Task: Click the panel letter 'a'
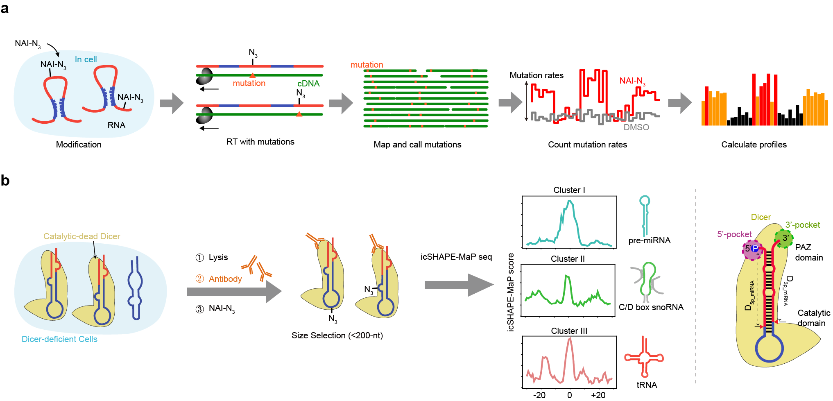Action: (5, 8)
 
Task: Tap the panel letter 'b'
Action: (5, 180)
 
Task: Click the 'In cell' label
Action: (86, 59)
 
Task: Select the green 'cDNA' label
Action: (308, 84)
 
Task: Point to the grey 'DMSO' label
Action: (636, 127)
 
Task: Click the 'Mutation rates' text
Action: (536, 75)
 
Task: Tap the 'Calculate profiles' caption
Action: (754, 145)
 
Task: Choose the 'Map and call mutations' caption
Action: (417, 145)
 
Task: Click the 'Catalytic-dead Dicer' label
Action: (82, 236)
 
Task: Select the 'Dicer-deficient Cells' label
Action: (59, 339)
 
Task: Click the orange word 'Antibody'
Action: (225, 279)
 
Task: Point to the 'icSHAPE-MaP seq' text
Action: (456, 257)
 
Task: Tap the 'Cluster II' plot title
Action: (568, 259)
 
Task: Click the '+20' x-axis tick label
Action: (598, 395)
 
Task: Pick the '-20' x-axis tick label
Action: (539, 395)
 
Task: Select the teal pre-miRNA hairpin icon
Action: (645, 215)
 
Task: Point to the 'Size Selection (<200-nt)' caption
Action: (337, 335)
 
